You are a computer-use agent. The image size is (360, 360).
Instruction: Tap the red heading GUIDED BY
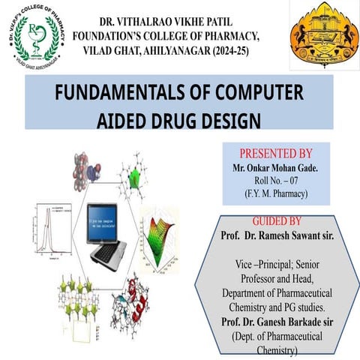tap(276, 222)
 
